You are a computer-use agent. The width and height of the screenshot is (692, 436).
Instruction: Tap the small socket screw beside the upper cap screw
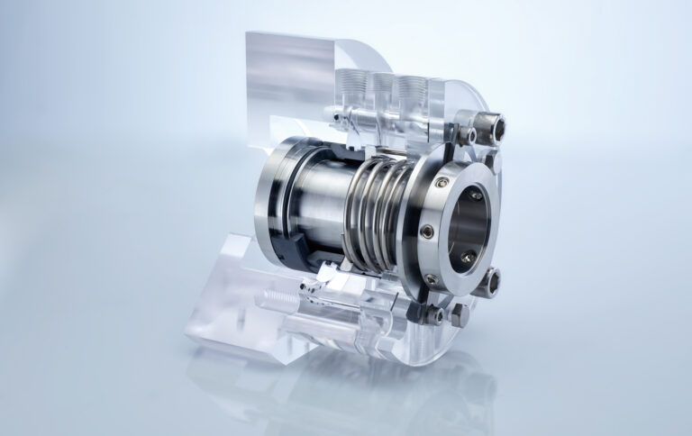coord(469,135)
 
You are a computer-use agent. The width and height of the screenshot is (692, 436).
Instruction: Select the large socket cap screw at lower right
coord(487,285)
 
